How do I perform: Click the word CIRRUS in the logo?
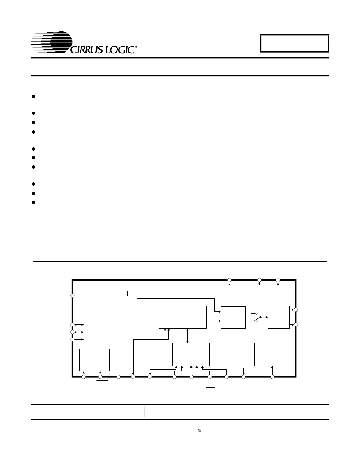[86, 50]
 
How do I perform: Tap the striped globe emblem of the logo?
[52, 42]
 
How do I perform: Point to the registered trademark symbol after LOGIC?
[137, 47]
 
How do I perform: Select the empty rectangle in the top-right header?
[294, 43]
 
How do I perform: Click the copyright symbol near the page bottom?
[200, 430]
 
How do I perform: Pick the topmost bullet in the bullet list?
[33, 96]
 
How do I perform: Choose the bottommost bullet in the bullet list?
[33, 202]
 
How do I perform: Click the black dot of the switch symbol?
[260, 317]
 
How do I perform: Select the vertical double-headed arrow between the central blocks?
[187, 336]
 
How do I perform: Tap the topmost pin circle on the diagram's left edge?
[72, 296]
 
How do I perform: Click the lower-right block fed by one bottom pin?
[271, 354]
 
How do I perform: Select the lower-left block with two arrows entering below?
[95, 360]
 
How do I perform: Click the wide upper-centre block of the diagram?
[182, 317]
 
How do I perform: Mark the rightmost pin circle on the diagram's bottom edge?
[272, 377]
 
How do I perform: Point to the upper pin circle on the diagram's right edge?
[296, 310]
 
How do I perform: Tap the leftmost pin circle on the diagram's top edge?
[229, 280]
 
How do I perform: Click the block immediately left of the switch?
[233, 318]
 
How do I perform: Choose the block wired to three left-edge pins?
[95, 332]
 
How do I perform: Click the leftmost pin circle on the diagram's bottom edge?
[84, 377]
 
